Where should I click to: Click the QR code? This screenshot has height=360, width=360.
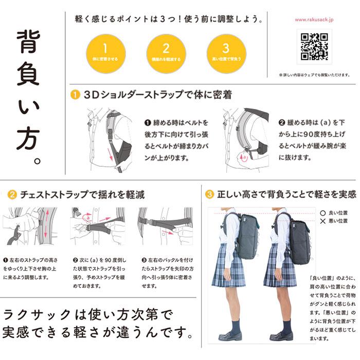[x=314, y=47]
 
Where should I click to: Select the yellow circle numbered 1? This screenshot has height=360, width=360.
[x=105, y=53]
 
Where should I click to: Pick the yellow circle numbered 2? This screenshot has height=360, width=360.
[x=166, y=53]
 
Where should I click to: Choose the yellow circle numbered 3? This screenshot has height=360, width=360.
[x=225, y=53]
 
